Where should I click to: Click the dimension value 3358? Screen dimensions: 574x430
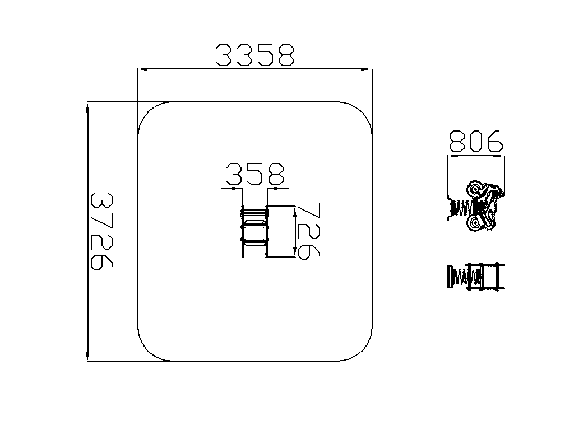pyautogui.click(x=255, y=55)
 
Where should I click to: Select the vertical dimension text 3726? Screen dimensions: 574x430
pyautogui.click(x=102, y=231)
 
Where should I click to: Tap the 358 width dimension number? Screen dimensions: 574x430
pyautogui.click(x=255, y=174)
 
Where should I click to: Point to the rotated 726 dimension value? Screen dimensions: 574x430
pyautogui.click(x=309, y=231)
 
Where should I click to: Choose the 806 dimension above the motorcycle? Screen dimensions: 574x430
pyautogui.click(x=476, y=141)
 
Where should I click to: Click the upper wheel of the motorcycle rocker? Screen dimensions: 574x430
pyautogui.click(x=475, y=189)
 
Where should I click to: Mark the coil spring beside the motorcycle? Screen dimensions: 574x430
pyautogui.click(x=462, y=208)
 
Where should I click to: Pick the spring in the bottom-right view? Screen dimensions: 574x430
pyautogui.click(x=463, y=277)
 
